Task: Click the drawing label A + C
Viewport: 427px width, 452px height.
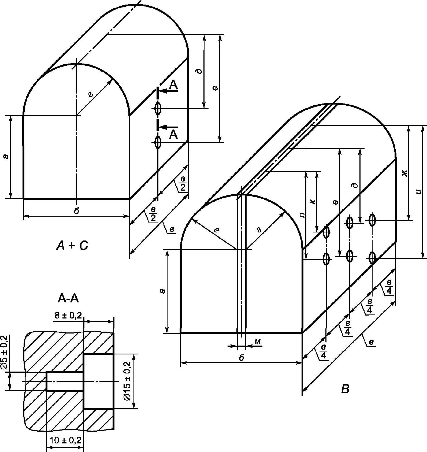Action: pos(72,246)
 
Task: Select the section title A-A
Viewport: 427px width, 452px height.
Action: pos(68,298)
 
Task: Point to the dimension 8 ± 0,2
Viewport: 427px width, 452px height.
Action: pos(68,316)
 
